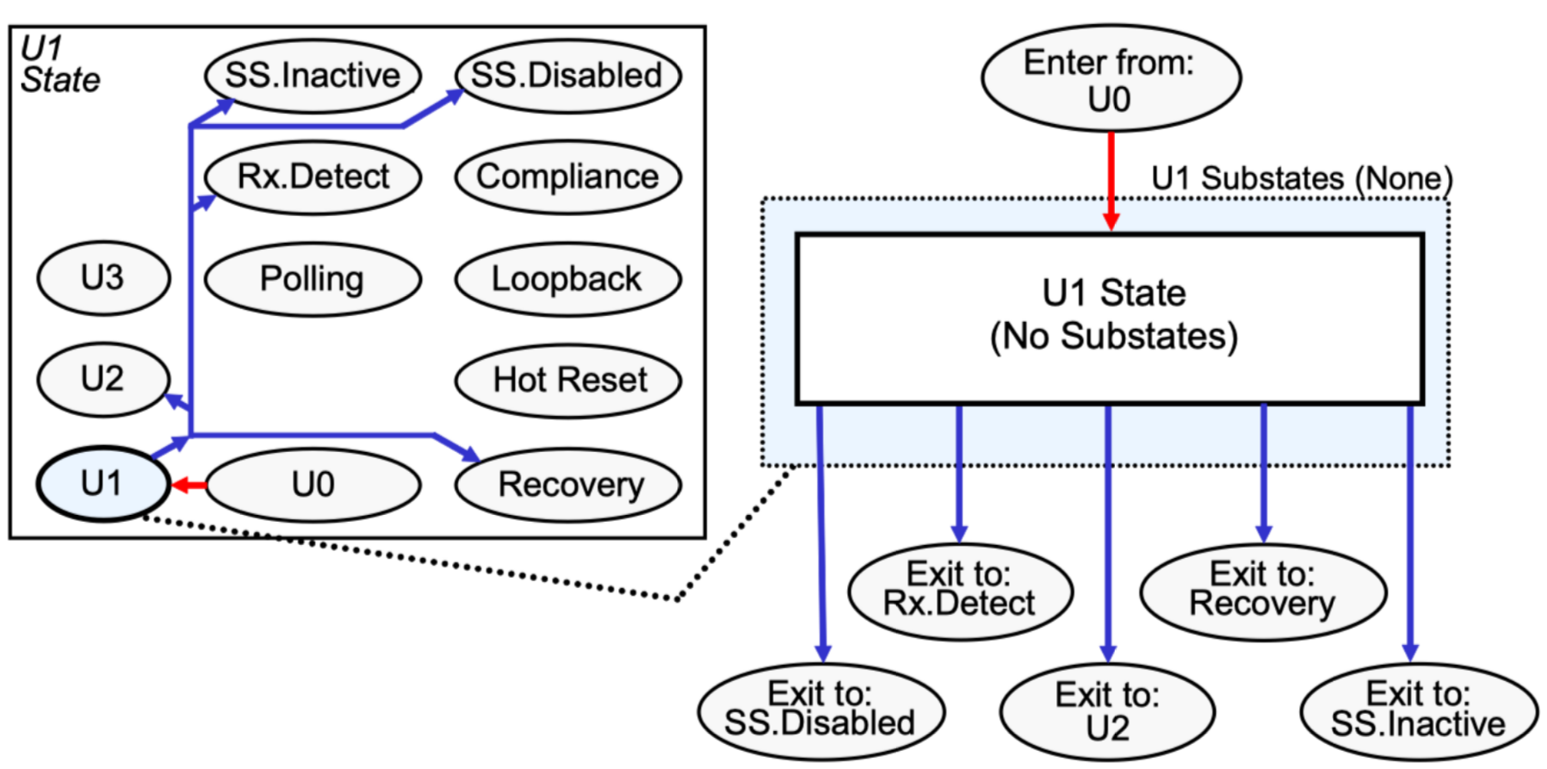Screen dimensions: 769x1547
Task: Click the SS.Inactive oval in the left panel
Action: (312, 77)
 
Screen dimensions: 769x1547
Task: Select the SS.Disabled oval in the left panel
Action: (566, 77)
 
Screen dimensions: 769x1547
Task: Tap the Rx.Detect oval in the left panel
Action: (312, 177)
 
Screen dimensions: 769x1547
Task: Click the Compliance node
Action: (566, 177)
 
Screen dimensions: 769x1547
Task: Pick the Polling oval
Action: (312, 279)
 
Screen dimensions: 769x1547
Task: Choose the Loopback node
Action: (566, 279)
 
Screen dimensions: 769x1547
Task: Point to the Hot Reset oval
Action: (566, 380)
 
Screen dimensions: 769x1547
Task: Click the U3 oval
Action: (103, 278)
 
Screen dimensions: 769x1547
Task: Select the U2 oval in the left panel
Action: (103, 379)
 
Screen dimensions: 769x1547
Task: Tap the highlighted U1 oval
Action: (103, 484)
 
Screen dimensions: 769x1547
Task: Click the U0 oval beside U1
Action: (312, 485)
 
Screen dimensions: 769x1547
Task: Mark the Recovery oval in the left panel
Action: (568, 485)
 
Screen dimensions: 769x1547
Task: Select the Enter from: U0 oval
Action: (1110, 79)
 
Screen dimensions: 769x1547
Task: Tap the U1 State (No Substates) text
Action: (1113, 315)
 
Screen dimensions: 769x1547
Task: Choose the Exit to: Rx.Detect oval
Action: (959, 591)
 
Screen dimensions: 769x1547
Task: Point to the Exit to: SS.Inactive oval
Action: (1417, 710)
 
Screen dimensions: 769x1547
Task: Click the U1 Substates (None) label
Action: (1301, 179)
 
